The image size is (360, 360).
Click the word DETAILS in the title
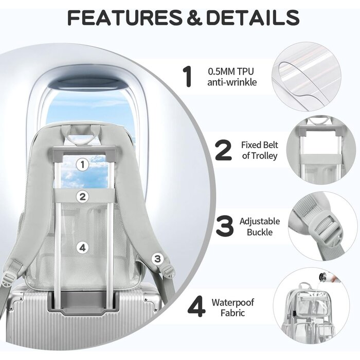coord(254,17)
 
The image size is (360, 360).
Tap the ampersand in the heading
coord(194,17)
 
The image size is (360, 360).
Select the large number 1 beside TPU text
coord(188,77)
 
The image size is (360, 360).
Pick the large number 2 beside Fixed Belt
coord(223,150)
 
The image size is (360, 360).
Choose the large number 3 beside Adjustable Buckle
coord(225,226)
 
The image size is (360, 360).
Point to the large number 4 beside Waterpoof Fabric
coord(196,307)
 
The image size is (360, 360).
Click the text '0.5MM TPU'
coord(231,71)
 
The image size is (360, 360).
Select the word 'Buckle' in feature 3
coord(260,232)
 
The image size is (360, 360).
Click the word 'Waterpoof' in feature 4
coord(233,302)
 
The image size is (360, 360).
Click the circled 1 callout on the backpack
coord(82,165)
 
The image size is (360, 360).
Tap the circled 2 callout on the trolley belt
coord(83,196)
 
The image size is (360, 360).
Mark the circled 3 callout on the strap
coord(157,259)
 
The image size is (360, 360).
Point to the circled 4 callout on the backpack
coord(83,247)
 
